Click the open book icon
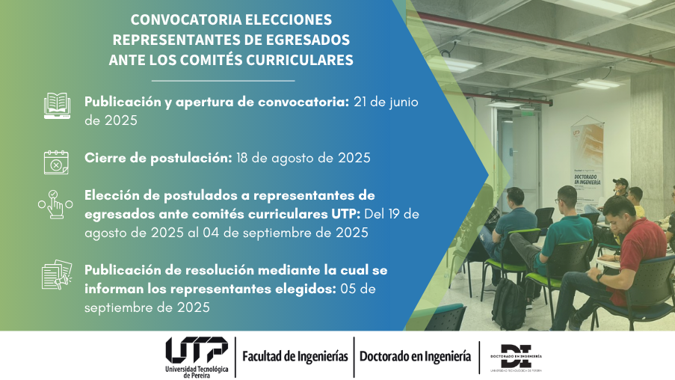point(57,105)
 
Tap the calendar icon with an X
point(56,162)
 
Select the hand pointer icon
point(55,204)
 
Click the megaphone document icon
point(57,275)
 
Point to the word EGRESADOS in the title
point(307,40)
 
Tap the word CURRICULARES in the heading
point(299,60)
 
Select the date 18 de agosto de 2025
point(303,158)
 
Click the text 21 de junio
point(386,102)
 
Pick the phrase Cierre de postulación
point(158,158)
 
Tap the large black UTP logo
point(197,350)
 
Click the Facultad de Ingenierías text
point(295,357)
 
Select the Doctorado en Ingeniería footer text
point(415,357)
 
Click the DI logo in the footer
point(516,357)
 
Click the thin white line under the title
point(223,81)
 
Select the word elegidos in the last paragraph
point(306,289)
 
